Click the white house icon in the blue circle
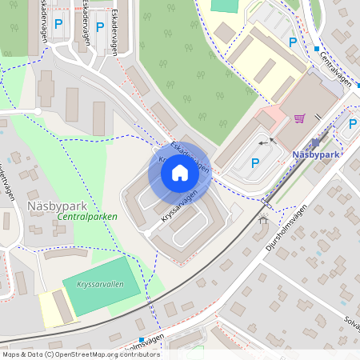click(180, 173)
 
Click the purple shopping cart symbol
click(299, 118)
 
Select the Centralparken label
click(88, 217)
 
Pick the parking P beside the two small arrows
click(255, 163)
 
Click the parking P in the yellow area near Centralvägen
click(293, 42)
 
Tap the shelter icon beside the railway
click(263, 219)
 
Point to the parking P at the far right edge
click(353, 123)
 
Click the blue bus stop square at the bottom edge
click(142, 340)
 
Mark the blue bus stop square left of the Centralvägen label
click(317, 49)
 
